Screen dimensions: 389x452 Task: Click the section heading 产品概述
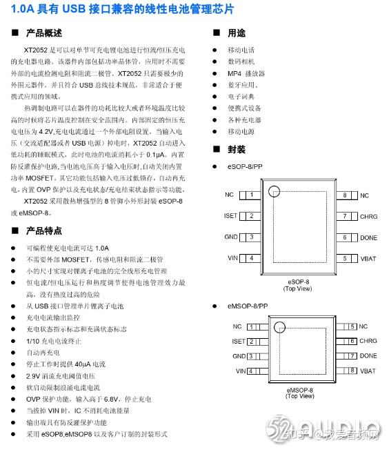[43, 33]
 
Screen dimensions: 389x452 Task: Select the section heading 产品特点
[43, 230]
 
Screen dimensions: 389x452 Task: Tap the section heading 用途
[237, 33]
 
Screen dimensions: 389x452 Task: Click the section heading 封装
[237, 150]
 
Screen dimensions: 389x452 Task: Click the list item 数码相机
[241, 61]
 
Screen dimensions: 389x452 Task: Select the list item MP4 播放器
[246, 73]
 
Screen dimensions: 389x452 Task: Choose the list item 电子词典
[241, 97]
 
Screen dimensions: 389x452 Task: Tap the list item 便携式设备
[245, 108]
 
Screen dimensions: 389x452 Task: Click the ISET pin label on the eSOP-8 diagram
[230, 216]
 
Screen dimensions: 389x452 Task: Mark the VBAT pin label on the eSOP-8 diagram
[368, 258]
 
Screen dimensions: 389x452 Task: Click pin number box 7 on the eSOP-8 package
[345, 216]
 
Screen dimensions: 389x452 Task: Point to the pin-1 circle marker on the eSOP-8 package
[274, 191]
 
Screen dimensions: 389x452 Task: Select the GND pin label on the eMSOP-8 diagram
[239, 356]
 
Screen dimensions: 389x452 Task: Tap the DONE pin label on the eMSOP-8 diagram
[368, 356]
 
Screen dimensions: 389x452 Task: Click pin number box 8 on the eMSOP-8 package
[352, 371]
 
